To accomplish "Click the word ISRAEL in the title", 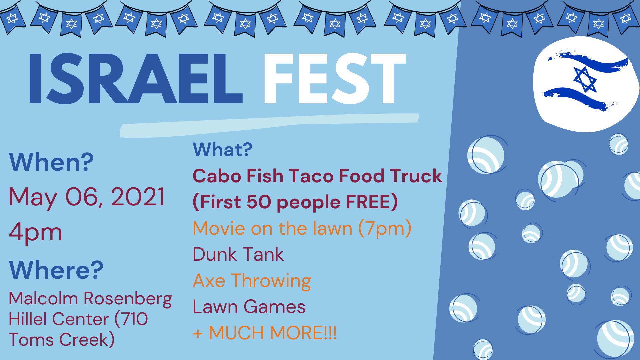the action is (136, 78).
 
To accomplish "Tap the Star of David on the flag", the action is (585, 79).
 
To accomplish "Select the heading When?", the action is (51, 162).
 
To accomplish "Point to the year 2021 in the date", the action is (138, 197).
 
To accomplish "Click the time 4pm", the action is (36, 232).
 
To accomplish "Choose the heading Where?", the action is (56, 270).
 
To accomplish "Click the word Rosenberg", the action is (128, 299).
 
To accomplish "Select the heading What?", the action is (223, 149).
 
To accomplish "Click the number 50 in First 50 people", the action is (259, 202).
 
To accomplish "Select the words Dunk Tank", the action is (238, 254).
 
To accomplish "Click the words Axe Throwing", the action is (252, 281).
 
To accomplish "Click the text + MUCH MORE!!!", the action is (265, 333).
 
